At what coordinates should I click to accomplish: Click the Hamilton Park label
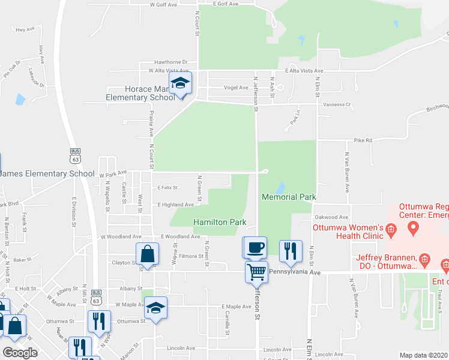(x=220, y=222)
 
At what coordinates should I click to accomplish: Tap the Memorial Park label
(x=289, y=197)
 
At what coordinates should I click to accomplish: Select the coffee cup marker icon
(x=255, y=247)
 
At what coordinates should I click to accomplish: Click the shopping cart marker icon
(x=256, y=272)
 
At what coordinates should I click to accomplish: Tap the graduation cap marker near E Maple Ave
(x=155, y=308)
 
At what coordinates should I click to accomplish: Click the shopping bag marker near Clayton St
(x=147, y=254)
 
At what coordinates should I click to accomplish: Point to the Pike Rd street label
(x=363, y=140)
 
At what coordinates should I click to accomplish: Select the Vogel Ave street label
(x=236, y=88)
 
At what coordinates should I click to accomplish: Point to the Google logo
(x=20, y=353)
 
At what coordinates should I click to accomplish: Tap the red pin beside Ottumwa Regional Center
(x=412, y=227)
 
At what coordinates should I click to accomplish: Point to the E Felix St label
(x=167, y=188)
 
